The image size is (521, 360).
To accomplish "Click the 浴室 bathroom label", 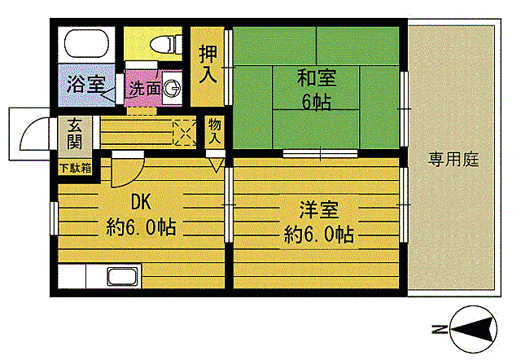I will point(85,84).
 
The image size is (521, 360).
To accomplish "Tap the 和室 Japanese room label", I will point(315,80).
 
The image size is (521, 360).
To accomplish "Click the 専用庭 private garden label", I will point(453,159).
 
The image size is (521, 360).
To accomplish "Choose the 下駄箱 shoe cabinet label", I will point(74,168).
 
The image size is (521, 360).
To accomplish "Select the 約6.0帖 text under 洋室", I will point(318,235).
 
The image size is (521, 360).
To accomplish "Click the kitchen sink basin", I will point(120,275).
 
